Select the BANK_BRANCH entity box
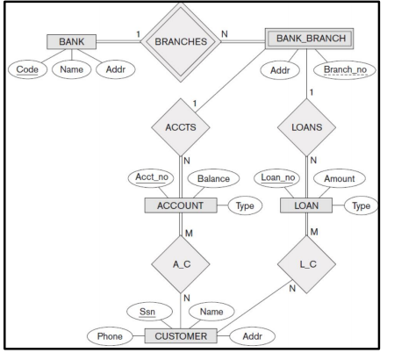click(312, 39)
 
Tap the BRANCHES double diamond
click(178, 40)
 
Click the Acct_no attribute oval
click(155, 178)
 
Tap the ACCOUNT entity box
click(181, 205)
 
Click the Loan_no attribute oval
click(280, 178)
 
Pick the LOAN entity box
click(304, 205)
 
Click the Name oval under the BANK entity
click(72, 70)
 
